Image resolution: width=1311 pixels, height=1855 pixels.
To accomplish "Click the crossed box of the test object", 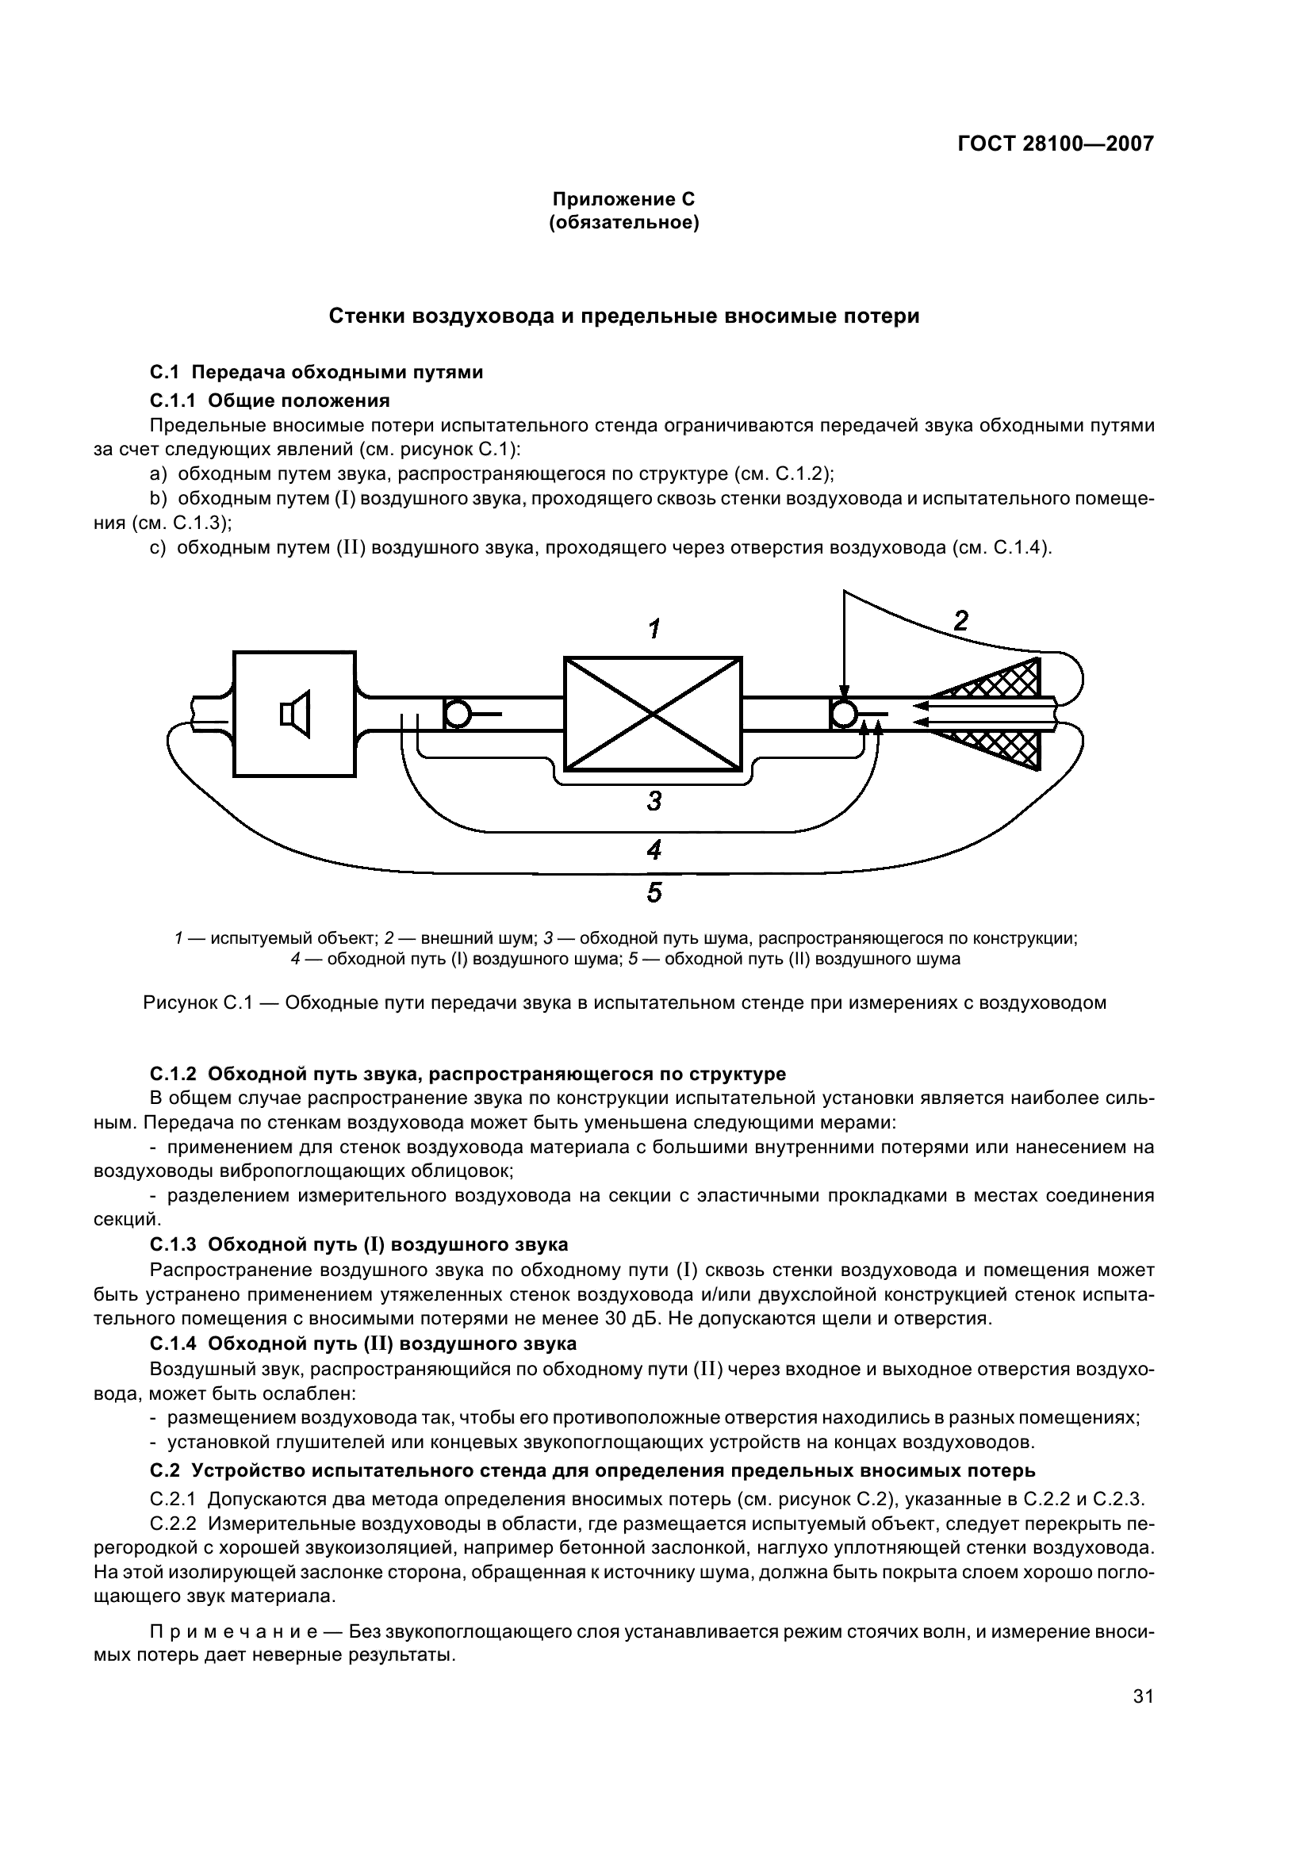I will coord(652,713).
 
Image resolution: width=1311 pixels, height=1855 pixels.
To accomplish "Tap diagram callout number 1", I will coord(655,629).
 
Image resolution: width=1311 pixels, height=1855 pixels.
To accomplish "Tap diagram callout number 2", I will coord(960,620).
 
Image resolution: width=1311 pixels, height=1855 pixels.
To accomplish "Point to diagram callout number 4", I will coord(654,849).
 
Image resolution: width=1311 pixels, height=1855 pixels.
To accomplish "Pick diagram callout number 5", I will coord(654,893).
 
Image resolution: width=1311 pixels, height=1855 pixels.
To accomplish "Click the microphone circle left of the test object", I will coord(458,714).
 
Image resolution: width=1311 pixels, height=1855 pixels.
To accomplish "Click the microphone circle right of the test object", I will coord(844,714).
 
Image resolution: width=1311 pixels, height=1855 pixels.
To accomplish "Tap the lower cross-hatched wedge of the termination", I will coord(1002,746).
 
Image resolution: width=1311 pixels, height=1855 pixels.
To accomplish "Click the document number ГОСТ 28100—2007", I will coord(1055,144).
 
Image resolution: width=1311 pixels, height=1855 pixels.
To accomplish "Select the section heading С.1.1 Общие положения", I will coord(270,400).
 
